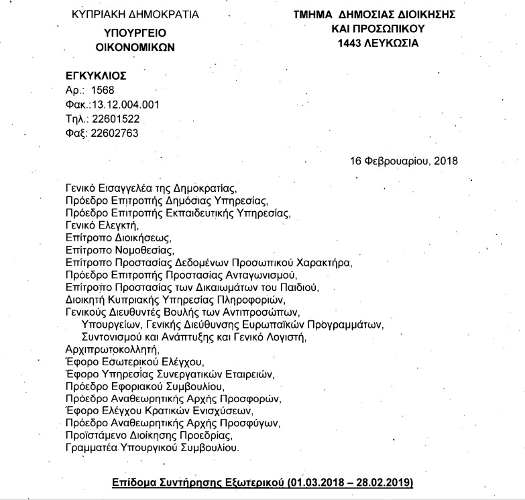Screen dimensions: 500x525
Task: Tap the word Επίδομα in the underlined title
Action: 133,483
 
